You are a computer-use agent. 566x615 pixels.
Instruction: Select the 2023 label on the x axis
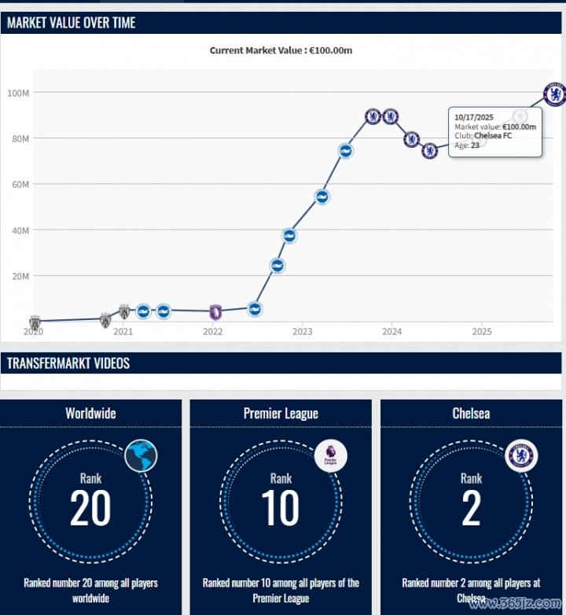(x=303, y=332)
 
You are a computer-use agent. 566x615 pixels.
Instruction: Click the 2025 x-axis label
(x=482, y=332)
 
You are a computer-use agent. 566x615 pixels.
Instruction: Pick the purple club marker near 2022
(x=215, y=311)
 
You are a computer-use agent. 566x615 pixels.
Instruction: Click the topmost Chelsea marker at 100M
(x=554, y=94)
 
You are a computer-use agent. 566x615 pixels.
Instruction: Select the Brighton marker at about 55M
(x=322, y=197)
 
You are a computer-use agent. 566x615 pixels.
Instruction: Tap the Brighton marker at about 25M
(x=277, y=266)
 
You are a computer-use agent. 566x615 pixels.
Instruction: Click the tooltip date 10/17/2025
(x=474, y=117)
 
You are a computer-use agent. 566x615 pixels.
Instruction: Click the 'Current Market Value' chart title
(x=281, y=50)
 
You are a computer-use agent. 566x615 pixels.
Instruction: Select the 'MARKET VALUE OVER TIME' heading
(x=72, y=23)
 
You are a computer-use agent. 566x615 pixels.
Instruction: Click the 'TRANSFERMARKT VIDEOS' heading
(x=68, y=363)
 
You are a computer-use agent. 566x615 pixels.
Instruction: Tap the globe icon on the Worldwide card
(x=141, y=455)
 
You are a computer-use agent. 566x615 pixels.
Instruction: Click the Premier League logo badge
(x=331, y=455)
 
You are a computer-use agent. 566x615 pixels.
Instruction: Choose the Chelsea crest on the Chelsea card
(x=521, y=455)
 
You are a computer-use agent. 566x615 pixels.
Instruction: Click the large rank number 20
(x=90, y=508)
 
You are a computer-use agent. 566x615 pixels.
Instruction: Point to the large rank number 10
(x=281, y=508)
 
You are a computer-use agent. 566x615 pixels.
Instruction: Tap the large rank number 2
(x=471, y=508)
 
